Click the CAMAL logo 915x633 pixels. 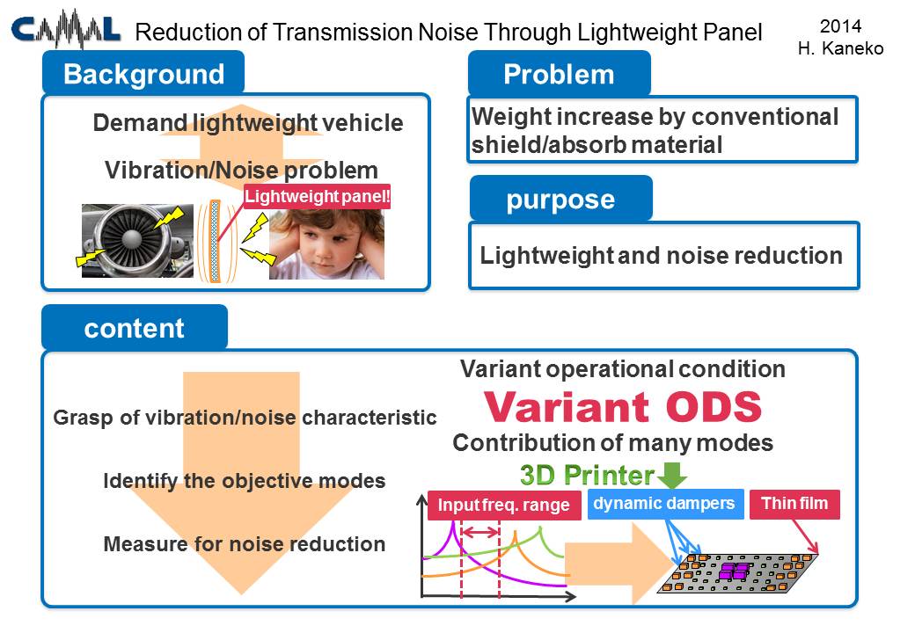pos(65,30)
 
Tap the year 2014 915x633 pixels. pos(840,26)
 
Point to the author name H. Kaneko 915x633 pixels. pos(840,48)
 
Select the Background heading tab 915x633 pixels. pos(143,73)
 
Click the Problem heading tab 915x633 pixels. pos(559,74)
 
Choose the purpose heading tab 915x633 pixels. pos(560,199)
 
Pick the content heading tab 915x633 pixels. pos(135,328)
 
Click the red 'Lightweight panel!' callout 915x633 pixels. pos(317,196)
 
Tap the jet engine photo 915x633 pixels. pos(137,241)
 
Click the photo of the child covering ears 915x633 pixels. pos(326,244)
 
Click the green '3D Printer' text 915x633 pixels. pos(587,475)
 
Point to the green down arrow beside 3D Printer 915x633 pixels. pos(671,475)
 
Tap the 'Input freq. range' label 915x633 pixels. pos(504,505)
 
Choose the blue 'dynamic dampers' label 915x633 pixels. pos(664,503)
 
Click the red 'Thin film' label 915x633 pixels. pos(794,504)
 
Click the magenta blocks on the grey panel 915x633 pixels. pos(733,571)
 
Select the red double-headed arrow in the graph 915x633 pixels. pos(480,532)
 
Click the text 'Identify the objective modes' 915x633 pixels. pos(245,481)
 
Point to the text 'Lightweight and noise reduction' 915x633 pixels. pos(661,255)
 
